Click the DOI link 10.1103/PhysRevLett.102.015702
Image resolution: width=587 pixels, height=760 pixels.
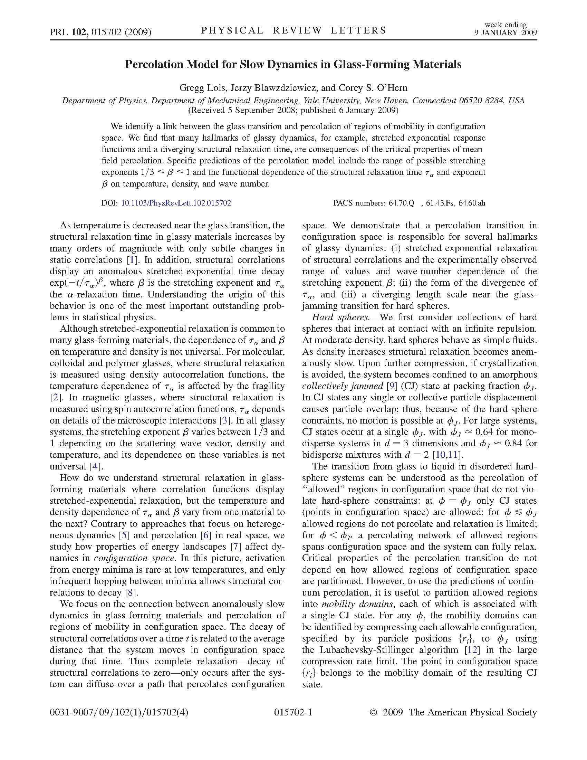point(176,203)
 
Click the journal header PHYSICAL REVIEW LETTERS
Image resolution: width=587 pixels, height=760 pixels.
point(293,31)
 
